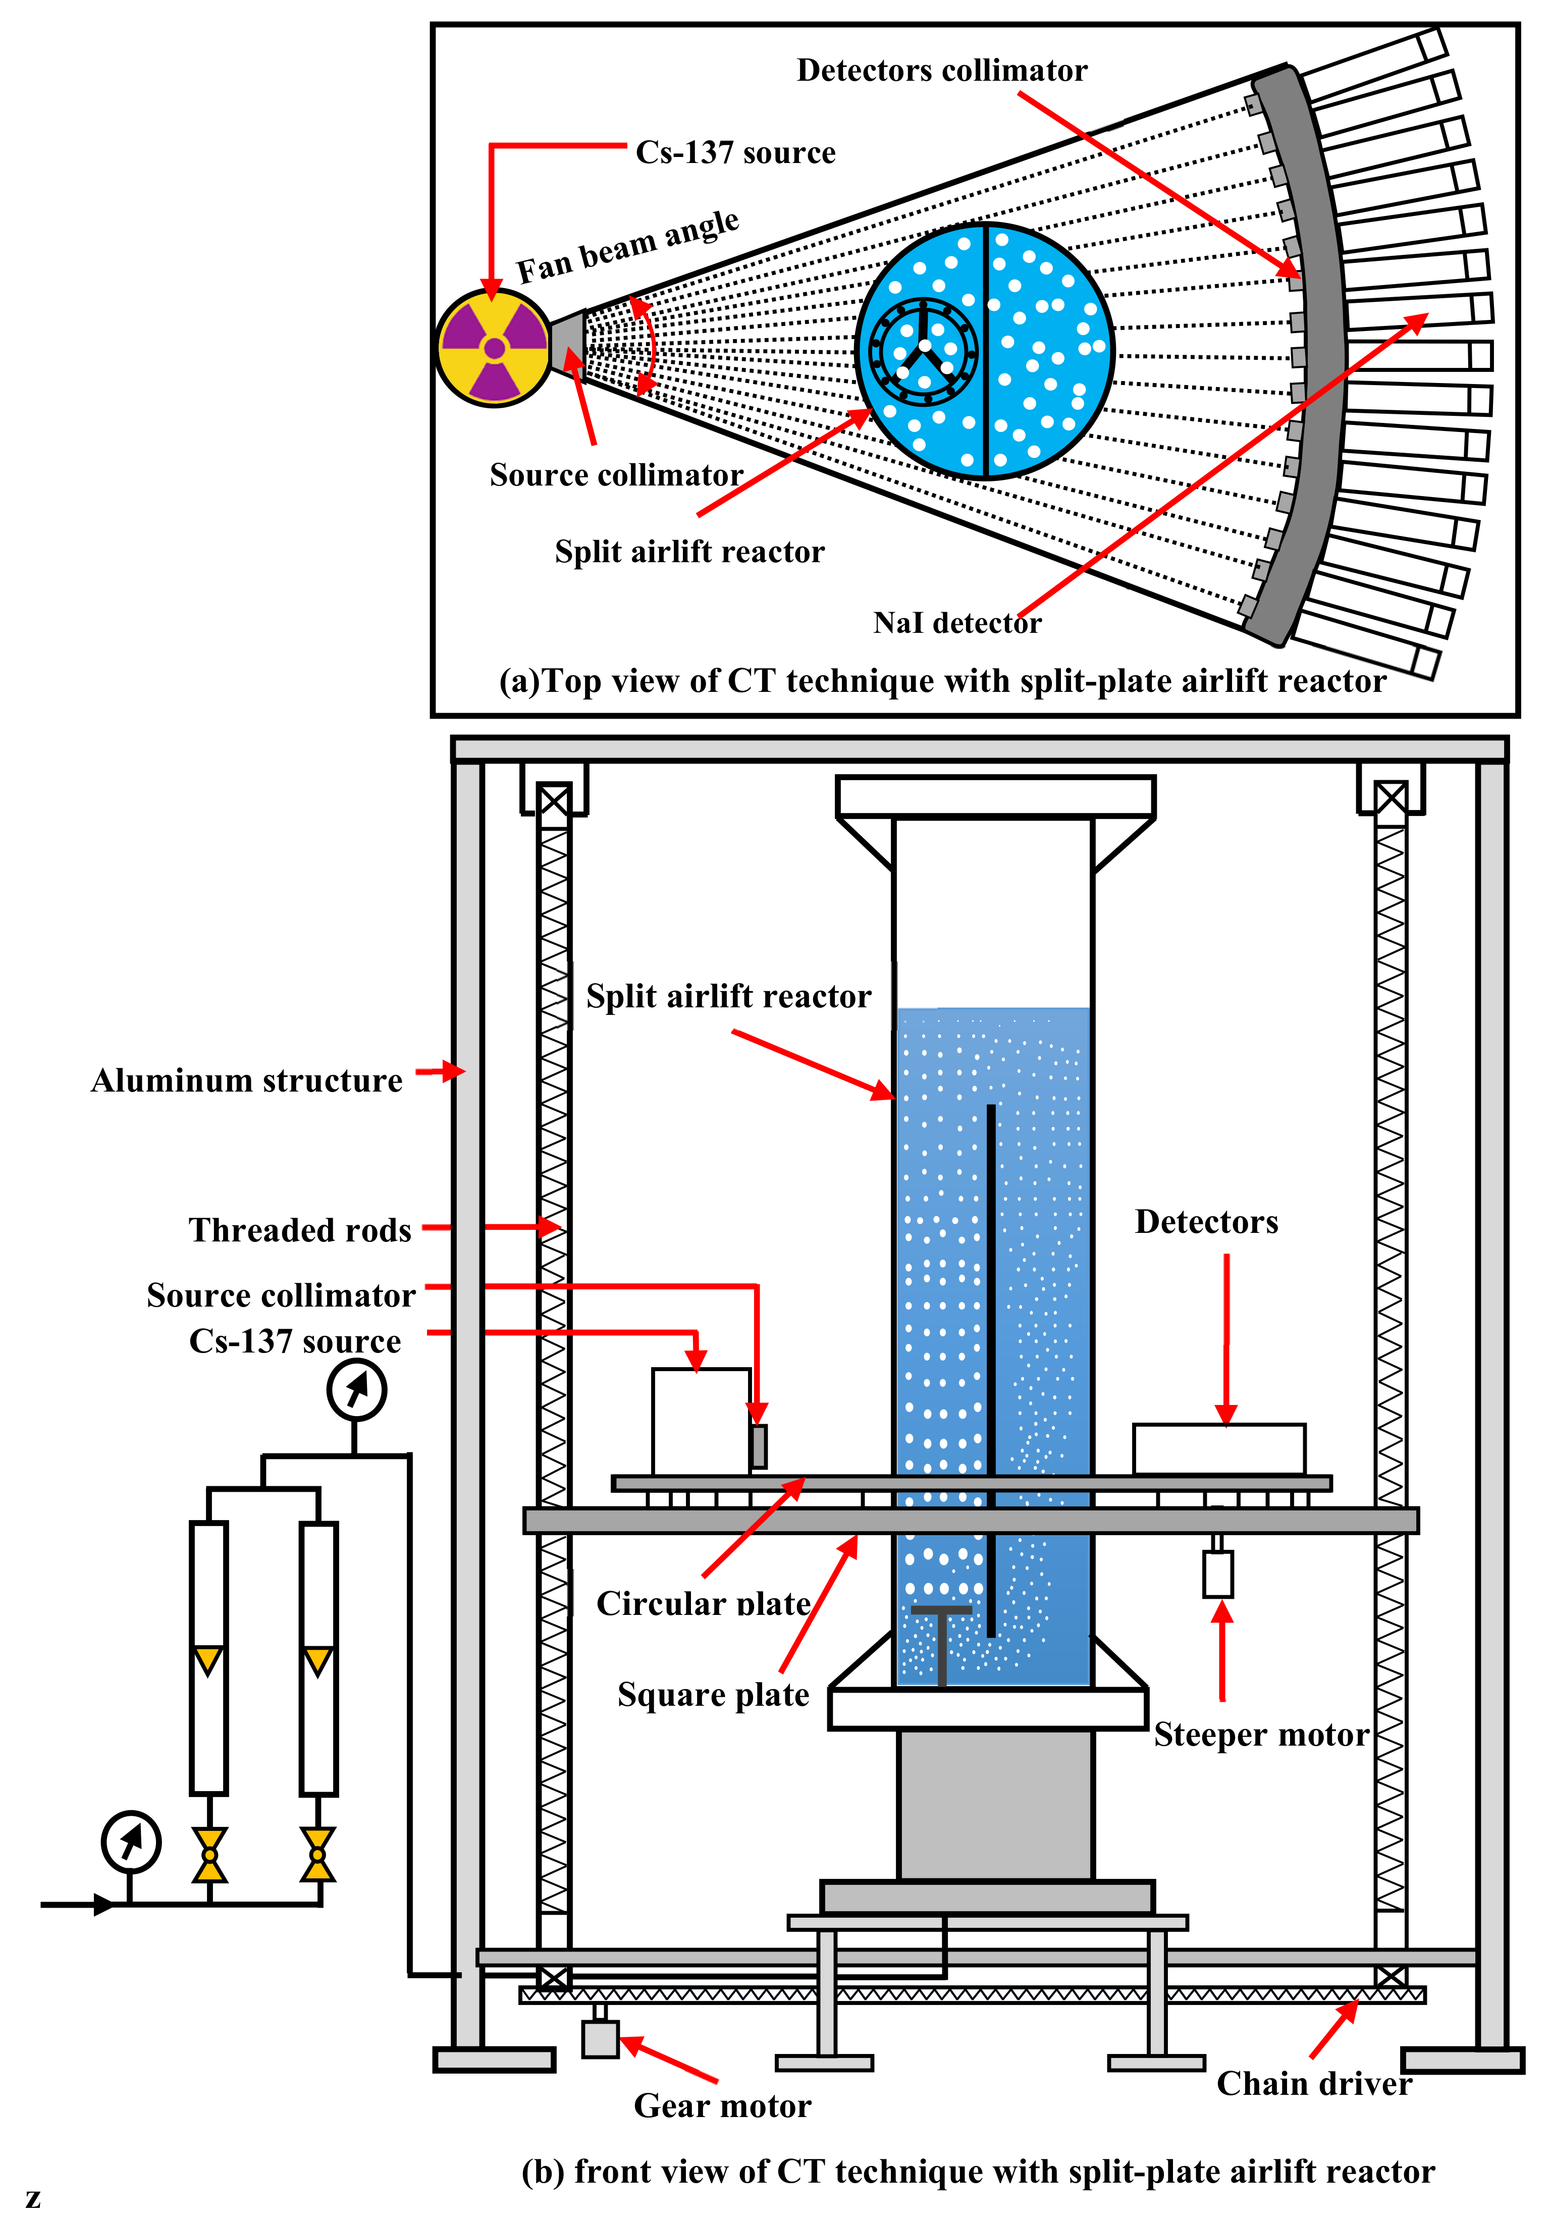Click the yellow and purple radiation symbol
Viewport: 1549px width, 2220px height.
(x=494, y=347)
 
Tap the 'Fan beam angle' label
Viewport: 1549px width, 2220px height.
(x=627, y=247)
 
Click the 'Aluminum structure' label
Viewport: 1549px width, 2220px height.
(x=247, y=1080)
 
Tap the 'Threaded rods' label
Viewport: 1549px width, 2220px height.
(x=300, y=1230)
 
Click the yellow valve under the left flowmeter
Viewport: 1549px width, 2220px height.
(x=209, y=1855)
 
